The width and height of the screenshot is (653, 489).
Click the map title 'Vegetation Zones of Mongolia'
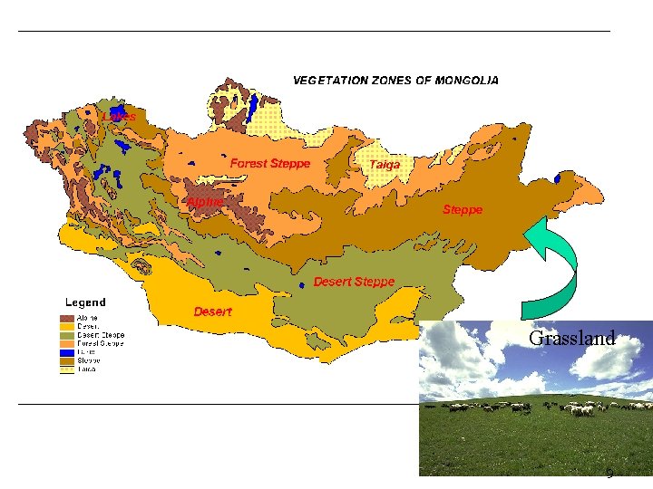pos(395,81)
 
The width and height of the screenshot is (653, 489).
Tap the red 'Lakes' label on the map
pos(120,117)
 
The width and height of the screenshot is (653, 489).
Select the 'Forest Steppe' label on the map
pos(270,164)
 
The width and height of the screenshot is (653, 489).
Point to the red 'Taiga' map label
pos(385,165)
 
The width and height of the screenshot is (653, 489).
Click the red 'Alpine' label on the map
pos(205,202)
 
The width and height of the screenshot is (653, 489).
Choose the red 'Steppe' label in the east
pos(463,209)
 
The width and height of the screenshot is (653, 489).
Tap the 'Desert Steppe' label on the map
pos(354,282)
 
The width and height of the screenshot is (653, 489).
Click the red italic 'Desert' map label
pos(212,312)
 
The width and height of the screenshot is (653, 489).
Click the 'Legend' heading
pos(85,302)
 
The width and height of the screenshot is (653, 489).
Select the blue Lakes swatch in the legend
pos(67,351)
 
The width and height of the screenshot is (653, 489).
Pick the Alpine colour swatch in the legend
pos(67,319)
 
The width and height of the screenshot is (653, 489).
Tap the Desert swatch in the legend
pos(67,327)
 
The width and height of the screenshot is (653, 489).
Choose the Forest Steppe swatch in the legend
pos(67,343)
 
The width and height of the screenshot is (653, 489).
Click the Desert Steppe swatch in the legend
pos(67,335)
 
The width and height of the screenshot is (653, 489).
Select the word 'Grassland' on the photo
pos(571,339)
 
